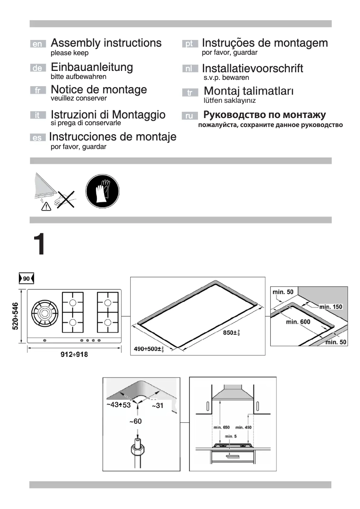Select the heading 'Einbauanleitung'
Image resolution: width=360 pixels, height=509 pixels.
tap(92, 67)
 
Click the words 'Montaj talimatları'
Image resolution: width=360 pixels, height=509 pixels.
tap(249, 91)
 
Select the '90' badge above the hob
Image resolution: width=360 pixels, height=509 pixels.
tap(26, 279)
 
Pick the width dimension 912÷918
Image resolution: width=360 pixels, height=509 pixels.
tap(74, 355)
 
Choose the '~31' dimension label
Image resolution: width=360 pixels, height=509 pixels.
tap(158, 406)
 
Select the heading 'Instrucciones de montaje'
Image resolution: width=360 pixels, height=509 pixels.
tap(112, 136)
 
